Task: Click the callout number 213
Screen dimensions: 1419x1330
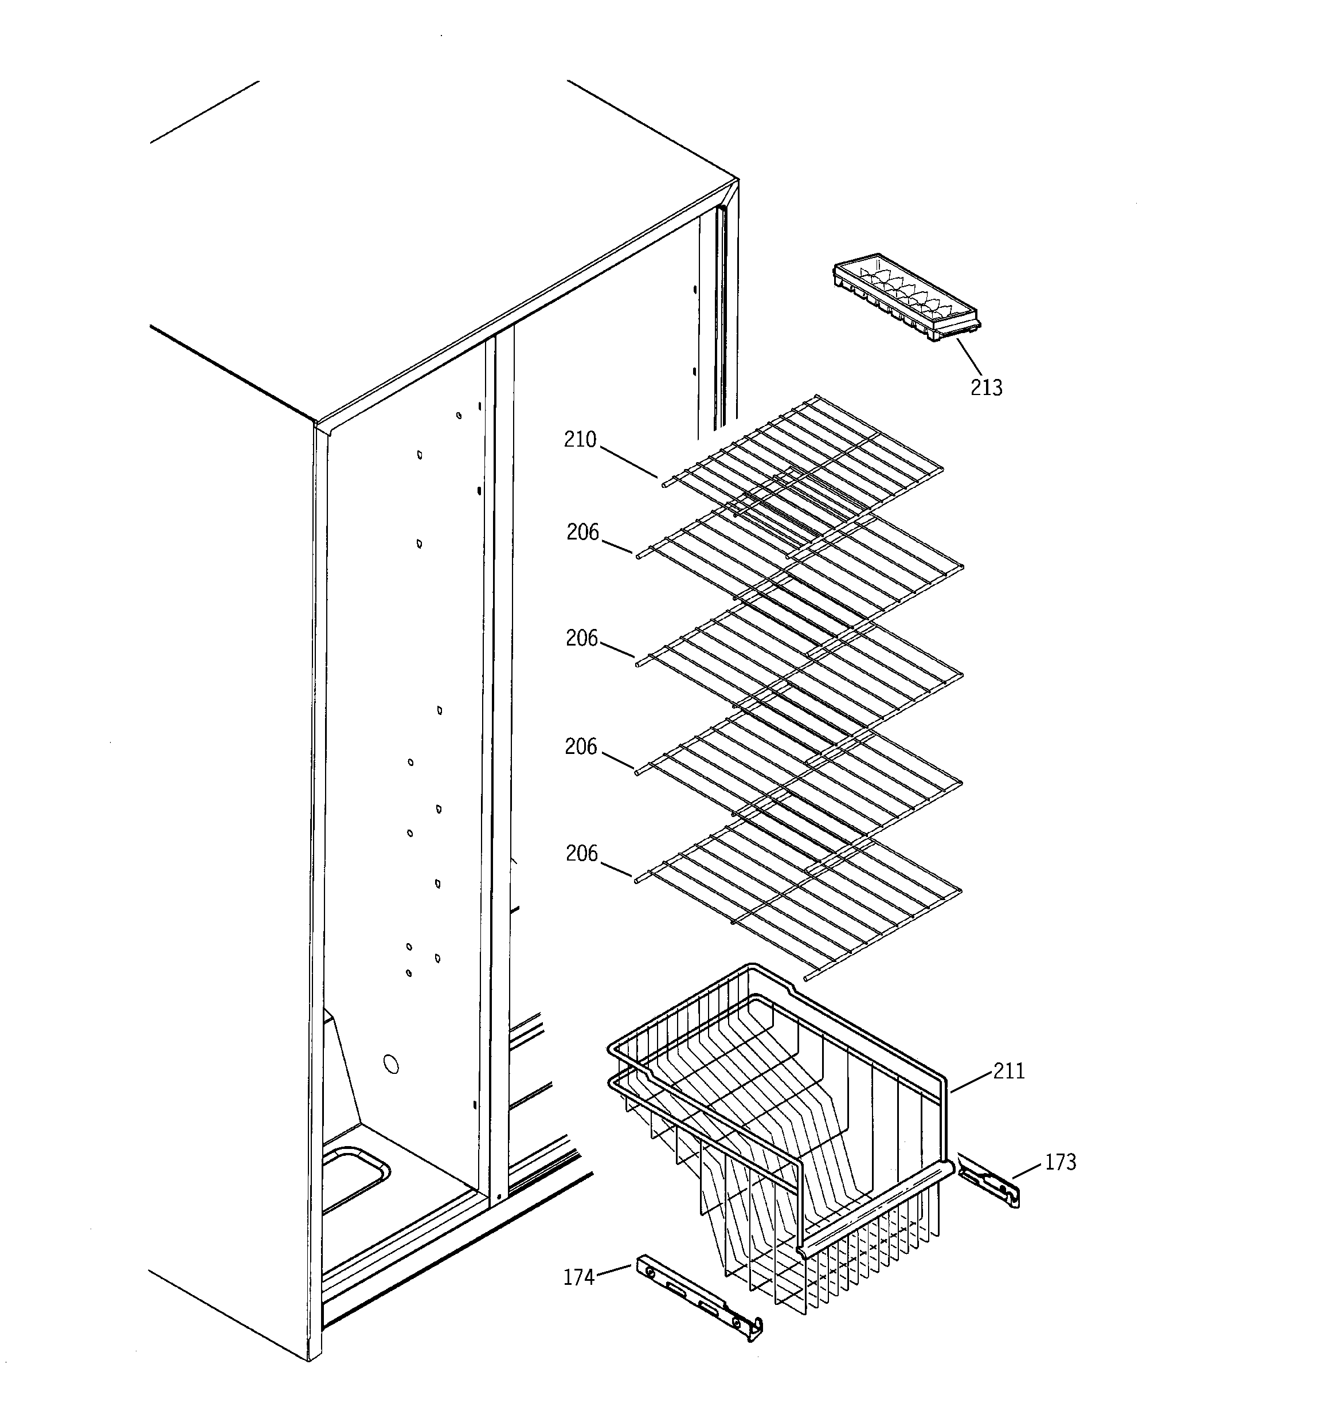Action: (x=986, y=388)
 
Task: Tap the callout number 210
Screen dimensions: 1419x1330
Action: (x=580, y=440)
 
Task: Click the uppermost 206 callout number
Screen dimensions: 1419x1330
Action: (x=582, y=533)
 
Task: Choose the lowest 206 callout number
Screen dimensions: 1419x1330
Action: (x=581, y=854)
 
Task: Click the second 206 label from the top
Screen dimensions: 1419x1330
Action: (x=581, y=638)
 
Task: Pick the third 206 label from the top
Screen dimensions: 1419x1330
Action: (x=580, y=746)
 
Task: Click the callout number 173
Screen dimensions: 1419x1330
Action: (x=1060, y=1163)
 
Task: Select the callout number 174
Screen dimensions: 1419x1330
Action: (x=578, y=1277)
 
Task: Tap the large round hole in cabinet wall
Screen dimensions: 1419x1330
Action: (x=390, y=1064)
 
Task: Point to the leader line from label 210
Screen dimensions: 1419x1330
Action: (x=628, y=462)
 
